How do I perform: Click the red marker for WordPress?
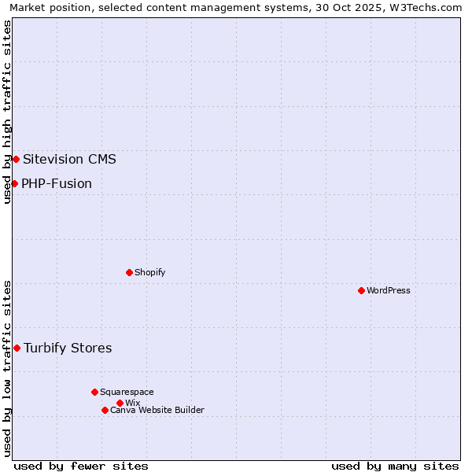pos(361,290)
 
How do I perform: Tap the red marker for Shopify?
pos(129,272)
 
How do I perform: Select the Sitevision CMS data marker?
pos(16,159)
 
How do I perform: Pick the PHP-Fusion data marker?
pos(14,183)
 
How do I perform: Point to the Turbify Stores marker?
pos(17,348)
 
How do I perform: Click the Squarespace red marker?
pos(94,392)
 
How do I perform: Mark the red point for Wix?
pos(120,403)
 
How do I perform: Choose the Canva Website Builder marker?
pos(105,410)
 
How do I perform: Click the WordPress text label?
pos(389,290)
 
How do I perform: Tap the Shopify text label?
pos(149,272)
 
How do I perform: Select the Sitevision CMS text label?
pos(69,159)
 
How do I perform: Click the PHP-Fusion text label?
pos(57,183)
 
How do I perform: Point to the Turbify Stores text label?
pos(68,348)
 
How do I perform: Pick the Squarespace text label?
pos(127,392)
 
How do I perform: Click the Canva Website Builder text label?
pos(157,410)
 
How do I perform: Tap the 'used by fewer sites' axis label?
pos(81,466)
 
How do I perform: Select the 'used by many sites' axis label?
pos(395,466)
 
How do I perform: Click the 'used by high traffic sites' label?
pos(7,112)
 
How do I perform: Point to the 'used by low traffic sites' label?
pos(7,368)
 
